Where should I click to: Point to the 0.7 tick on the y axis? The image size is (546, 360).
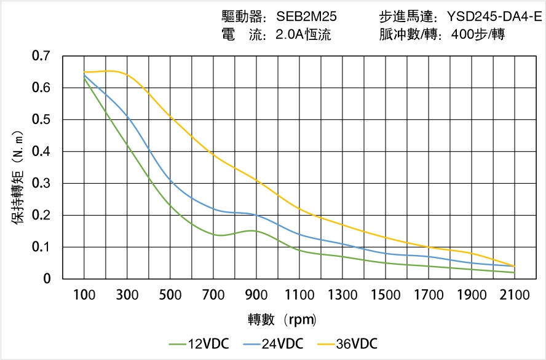pos(41,57)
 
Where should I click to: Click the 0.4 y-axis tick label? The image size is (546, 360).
pos(41,152)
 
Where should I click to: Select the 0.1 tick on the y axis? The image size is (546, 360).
pos(41,248)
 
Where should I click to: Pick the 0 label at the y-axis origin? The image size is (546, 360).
pos(47,280)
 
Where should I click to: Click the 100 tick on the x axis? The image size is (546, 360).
pos(84,295)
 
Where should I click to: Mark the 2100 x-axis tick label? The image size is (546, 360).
pos(515,295)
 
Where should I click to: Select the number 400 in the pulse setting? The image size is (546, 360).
pos(462,35)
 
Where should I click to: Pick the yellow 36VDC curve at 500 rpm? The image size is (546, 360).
pos(170,116)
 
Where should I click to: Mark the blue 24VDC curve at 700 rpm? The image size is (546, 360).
pos(213,208)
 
